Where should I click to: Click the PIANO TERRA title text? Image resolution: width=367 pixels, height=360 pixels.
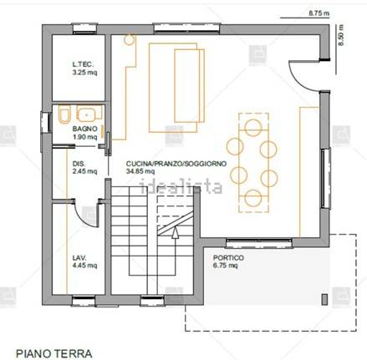click(54, 353)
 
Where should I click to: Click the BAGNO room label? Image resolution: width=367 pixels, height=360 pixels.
click(84, 129)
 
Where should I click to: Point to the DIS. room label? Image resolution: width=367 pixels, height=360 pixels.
click(79, 164)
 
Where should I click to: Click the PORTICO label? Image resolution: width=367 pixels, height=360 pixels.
click(228, 259)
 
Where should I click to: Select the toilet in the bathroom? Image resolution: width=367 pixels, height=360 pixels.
click(64, 115)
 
